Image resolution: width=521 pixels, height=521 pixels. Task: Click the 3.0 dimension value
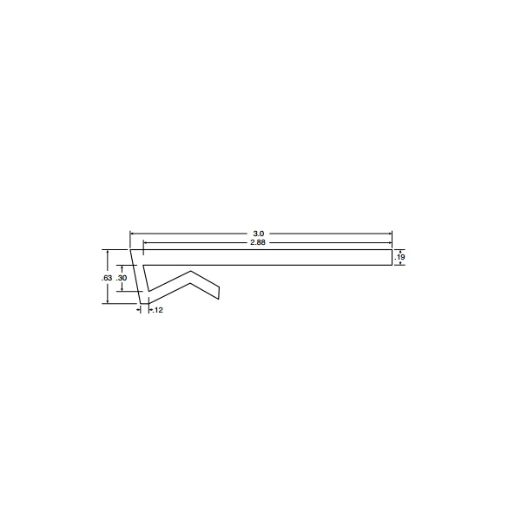pos(259,234)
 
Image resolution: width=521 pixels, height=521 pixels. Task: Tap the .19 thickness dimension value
pos(400,258)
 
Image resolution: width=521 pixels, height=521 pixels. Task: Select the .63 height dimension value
pos(106,277)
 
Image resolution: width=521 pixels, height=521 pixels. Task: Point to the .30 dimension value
pos(122,278)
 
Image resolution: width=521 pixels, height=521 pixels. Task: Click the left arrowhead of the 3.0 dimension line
pos(132,234)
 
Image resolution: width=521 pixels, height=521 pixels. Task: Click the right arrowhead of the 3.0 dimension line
pos(390,234)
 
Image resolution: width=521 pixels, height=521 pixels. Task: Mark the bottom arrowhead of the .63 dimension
pos(108,302)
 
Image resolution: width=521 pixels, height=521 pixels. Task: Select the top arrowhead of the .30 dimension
pos(122,266)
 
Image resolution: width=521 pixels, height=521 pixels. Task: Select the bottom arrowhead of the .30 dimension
pos(122,290)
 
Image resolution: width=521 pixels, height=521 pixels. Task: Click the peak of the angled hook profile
pos(190,270)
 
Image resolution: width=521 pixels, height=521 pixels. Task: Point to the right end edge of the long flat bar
pos(392,258)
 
